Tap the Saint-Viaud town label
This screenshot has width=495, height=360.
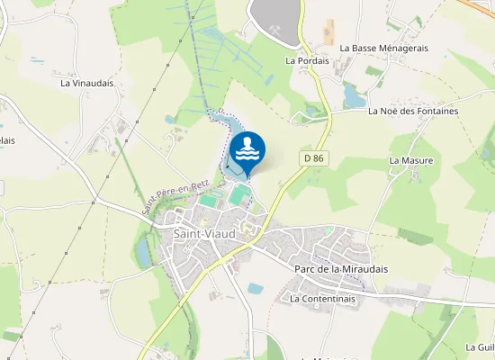[204, 234]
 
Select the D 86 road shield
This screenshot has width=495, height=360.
[312, 158]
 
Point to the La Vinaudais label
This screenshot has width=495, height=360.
[87, 83]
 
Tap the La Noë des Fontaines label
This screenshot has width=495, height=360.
[413, 111]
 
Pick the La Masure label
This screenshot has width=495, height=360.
[411, 160]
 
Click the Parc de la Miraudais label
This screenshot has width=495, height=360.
[338, 268]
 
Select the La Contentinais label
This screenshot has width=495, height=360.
[323, 298]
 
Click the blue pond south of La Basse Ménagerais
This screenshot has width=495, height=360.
[353, 94]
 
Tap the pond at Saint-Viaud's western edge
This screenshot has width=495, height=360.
[144, 255]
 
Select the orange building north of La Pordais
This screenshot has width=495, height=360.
[328, 31]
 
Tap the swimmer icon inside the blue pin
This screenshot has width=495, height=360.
[247, 148]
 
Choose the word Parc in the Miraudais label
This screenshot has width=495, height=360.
[304, 268]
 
